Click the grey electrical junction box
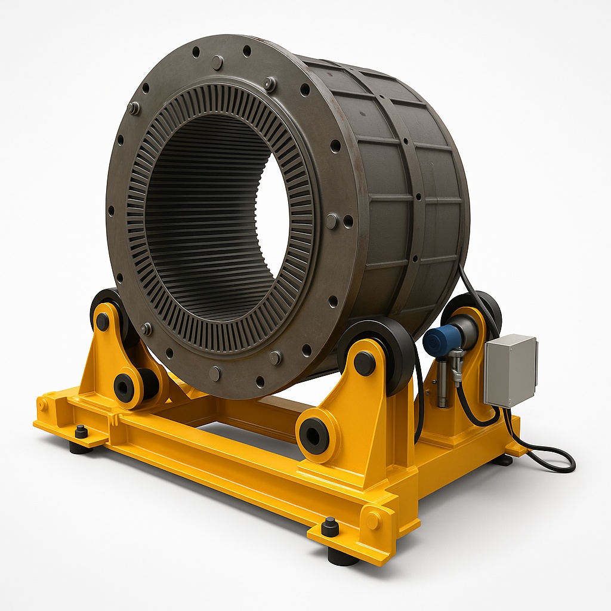point(510,370)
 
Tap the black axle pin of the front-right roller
point(364,363)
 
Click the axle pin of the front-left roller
point(103,321)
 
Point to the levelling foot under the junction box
point(502,460)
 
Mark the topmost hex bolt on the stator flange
point(217,62)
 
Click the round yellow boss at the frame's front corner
point(373,520)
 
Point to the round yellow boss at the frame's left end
point(42,405)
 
